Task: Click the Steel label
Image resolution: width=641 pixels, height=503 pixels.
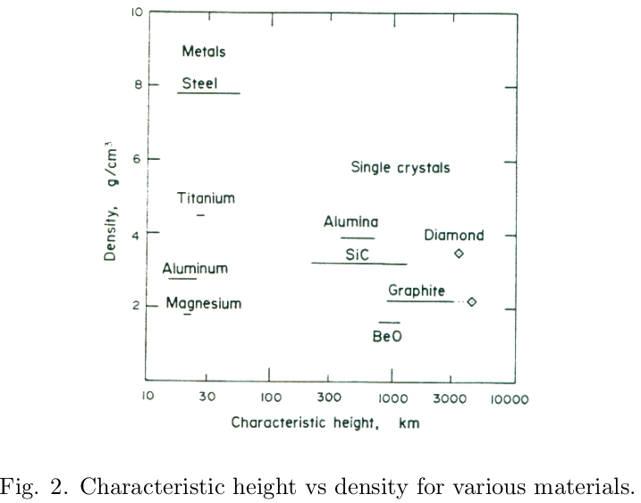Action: (199, 84)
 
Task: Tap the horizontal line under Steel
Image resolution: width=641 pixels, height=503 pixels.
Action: (208, 93)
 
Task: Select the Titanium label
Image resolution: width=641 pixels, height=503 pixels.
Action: (205, 198)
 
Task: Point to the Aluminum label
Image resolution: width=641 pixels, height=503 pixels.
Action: (195, 269)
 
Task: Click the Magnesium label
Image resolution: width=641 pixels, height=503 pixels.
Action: (204, 304)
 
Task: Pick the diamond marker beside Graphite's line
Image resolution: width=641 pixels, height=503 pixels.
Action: (472, 302)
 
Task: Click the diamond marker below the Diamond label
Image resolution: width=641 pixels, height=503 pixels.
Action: (459, 254)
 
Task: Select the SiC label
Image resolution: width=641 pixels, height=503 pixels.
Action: (358, 255)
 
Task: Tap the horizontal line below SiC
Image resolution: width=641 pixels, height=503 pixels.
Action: (358, 264)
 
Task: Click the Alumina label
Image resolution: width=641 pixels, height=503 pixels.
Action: (350, 222)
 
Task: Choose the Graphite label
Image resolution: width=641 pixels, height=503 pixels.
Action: (417, 291)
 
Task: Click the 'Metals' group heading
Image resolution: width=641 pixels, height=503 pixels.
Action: (203, 51)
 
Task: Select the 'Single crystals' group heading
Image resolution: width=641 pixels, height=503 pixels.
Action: (400, 167)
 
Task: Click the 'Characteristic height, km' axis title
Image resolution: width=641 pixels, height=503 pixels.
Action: (325, 422)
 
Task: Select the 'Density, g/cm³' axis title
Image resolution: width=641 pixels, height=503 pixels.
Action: (111, 198)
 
